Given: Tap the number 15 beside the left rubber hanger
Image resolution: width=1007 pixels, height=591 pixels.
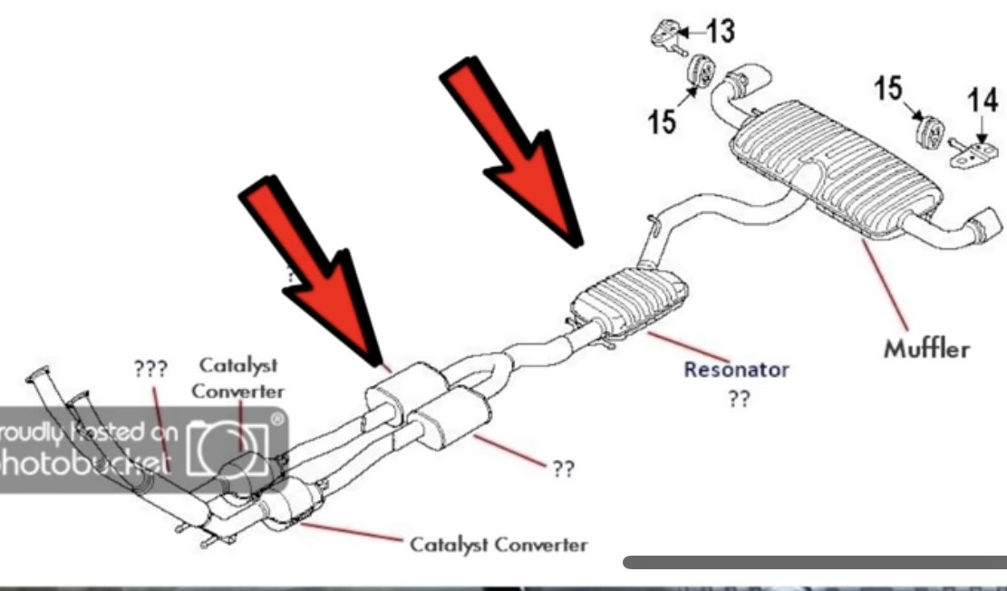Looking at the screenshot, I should pos(663,121).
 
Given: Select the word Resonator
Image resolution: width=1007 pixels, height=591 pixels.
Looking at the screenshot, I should pos(736,370).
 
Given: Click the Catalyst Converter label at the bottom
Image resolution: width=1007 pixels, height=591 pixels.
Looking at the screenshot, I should pos(499,545).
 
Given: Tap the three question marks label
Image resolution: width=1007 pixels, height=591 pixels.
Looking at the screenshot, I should pos(147,370).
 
